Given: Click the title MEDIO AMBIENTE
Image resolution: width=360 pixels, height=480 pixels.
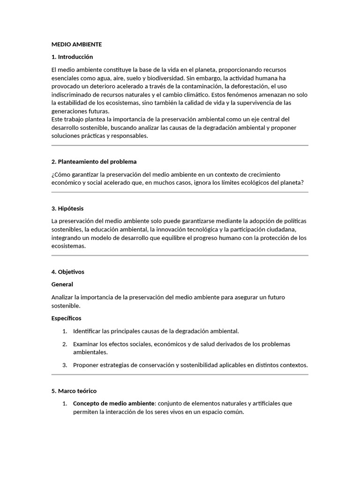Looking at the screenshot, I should coord(76,45).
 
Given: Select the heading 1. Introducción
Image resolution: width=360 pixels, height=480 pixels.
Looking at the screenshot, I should coord(72,57).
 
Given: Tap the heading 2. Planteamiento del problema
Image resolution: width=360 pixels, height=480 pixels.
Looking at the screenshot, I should coord(94,162).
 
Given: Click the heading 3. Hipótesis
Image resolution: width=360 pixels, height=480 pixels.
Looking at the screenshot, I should coord(67,208).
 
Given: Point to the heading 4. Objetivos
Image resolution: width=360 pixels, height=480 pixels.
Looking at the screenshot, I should coord(68,272).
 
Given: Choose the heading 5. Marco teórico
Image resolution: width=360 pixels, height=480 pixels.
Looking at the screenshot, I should coord(74,390).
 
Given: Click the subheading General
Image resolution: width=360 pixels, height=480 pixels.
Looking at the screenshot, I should coord(62,284).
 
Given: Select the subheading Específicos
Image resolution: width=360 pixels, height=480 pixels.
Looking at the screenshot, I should coord(66,318).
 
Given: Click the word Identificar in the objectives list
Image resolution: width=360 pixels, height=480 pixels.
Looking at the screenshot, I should coord(88,331).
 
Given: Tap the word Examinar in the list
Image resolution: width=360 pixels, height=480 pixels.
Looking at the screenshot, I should coord(86,344).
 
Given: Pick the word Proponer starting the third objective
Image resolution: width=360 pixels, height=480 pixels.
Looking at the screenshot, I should coord(86,365).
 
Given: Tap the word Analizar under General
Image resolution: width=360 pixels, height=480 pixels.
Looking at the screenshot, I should coord(65,297).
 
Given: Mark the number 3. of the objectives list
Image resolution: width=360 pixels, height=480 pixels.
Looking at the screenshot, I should coord(65,365).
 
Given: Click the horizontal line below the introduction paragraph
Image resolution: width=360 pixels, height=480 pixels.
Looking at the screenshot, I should coord(180,146).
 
